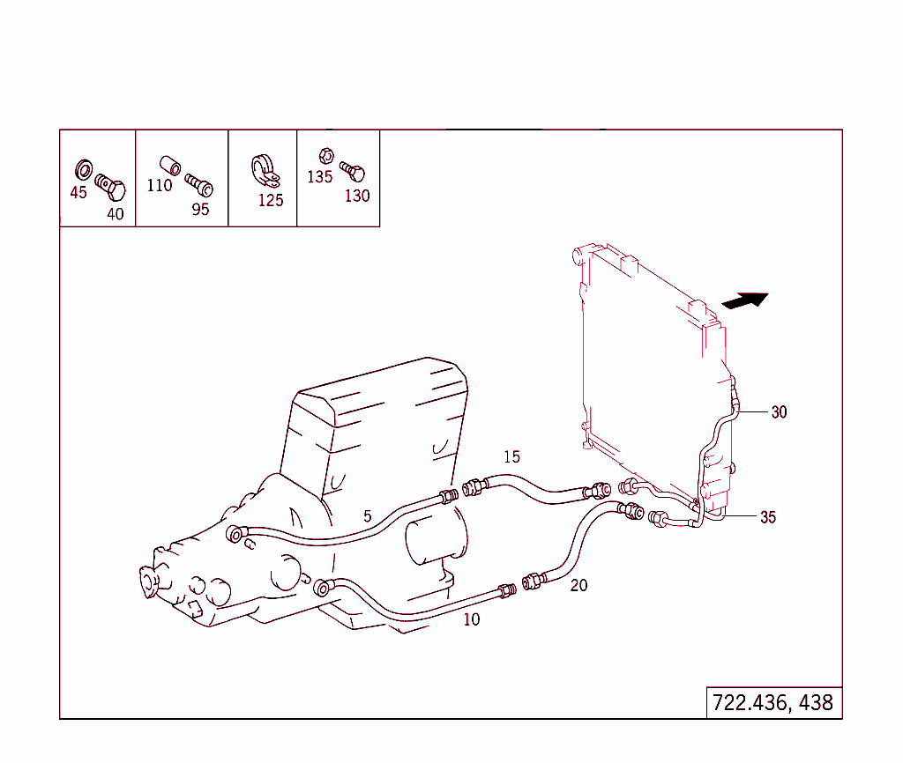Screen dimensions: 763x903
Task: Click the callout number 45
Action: pos(78,192)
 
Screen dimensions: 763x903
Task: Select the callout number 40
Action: pos(116,213)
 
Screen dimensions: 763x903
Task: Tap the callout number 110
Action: pos(160,185)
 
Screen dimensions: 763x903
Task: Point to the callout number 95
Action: pos(201,210)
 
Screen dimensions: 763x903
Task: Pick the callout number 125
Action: pos(271,200)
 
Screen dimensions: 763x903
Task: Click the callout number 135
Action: pos(320,176)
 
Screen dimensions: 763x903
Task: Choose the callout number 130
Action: pos(357,196)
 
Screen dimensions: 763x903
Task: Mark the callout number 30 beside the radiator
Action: pos(779,411)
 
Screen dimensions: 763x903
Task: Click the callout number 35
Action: pos(768,517)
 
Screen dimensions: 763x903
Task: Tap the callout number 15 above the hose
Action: pos(512,456)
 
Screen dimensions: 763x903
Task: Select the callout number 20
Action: pos(578,585)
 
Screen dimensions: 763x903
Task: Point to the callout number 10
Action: pos(472,619)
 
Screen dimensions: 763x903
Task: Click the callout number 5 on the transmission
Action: pos(368,516)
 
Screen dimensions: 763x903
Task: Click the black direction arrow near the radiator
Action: pos(745,300)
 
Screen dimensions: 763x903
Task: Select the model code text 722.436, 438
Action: pos(773,703)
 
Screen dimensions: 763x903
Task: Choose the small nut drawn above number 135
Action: pos(325,155)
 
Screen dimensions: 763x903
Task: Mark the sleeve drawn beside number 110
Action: pos(168,164)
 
